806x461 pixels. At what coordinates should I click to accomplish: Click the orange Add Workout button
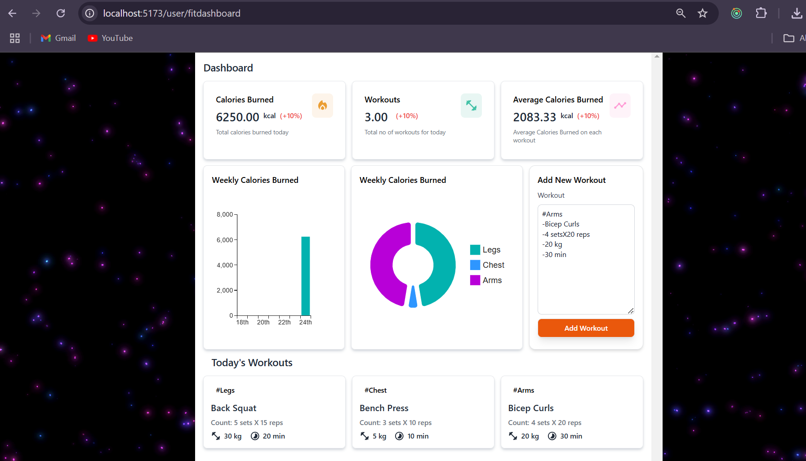[586, 328]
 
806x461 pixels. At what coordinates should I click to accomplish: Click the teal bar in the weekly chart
[305, 276]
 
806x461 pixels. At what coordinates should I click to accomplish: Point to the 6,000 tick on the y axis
[225, 240]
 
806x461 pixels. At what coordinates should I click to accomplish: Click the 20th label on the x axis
[263, 322]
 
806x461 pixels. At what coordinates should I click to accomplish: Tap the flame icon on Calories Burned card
[322, 106]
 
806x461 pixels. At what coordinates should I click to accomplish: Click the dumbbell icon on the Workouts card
[471, 106]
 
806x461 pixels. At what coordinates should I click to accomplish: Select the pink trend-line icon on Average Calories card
[620, 106]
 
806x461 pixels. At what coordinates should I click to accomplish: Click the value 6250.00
[237, 117]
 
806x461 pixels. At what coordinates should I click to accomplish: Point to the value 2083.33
[534, 117]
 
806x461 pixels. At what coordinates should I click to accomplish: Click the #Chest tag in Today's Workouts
[375, 390]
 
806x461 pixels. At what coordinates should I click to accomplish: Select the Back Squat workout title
[234, 408]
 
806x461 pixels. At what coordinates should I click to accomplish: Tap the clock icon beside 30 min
[552, 436]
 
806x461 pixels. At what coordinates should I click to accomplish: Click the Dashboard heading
[228, 68]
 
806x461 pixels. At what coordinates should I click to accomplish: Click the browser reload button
[61, 13]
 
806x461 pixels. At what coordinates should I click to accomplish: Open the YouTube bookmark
[111, 38]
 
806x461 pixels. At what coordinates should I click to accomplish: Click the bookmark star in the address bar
[703, 13]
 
